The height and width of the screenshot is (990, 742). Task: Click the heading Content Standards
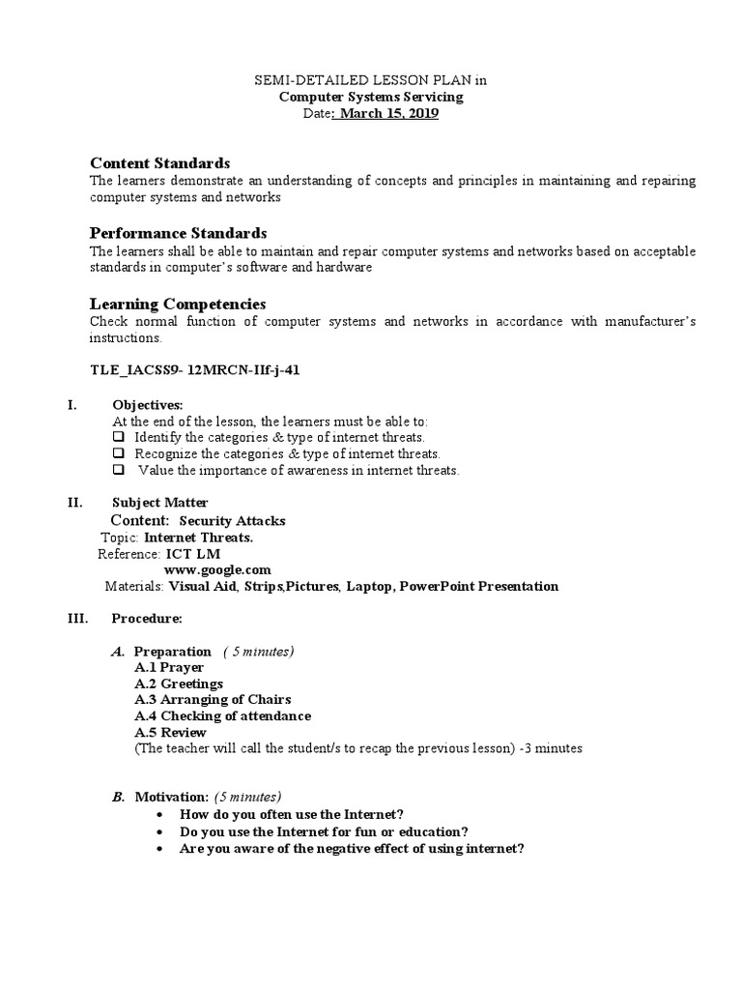point(159,162)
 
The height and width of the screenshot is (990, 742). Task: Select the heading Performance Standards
point(178,233)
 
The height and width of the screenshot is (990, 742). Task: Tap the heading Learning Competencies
point(177,304)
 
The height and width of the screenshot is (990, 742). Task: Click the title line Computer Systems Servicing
point(371,97)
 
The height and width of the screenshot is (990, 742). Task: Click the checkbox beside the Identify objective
point(119,437)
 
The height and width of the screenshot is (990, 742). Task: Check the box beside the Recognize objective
point(119,453)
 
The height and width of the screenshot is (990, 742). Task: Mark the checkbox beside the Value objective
point(119,470)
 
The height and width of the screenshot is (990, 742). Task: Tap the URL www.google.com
point(217,569)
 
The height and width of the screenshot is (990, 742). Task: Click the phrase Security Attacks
point(233,521)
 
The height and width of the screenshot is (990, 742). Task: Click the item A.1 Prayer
point(169,667)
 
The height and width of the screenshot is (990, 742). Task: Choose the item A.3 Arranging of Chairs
point(213,700)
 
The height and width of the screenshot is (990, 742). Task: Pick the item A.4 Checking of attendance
point(222,716)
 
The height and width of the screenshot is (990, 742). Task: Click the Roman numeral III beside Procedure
point(77,619)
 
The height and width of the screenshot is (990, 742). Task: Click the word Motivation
point(171,798)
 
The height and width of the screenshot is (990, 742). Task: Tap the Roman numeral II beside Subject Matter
point(74,503)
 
